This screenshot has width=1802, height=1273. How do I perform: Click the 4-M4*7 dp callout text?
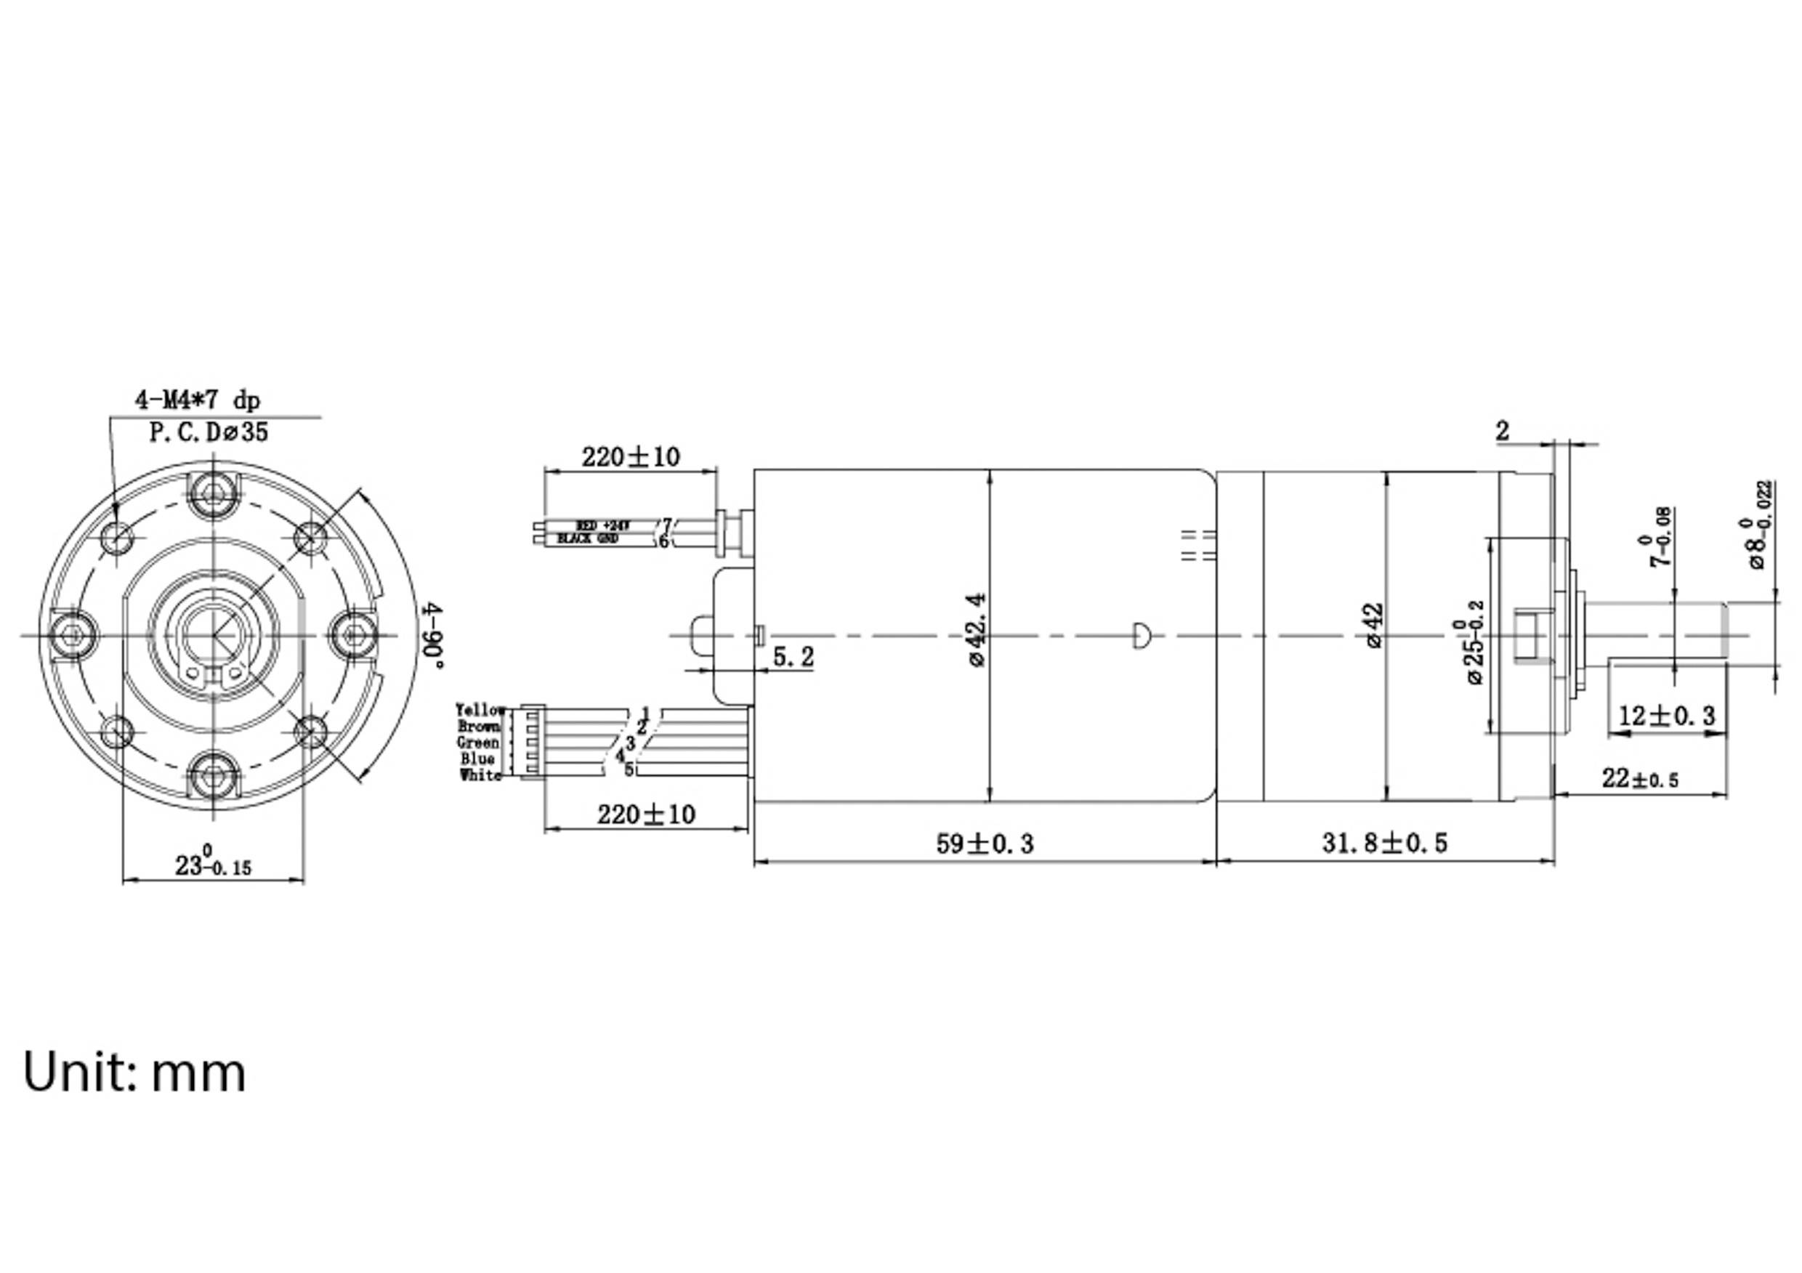pos(197,400)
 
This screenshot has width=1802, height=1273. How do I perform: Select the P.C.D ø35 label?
pos(209,432)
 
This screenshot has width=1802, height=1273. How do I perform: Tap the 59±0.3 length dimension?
pos(985,844)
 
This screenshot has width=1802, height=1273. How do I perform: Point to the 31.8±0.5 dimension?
pos(1384,843)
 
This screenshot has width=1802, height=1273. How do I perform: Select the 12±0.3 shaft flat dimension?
pos(1666,715)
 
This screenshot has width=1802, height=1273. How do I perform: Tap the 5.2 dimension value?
pos(793,657)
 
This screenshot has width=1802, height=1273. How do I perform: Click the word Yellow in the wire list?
pos(480,709)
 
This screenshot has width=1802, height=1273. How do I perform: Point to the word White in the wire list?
pos(480,775)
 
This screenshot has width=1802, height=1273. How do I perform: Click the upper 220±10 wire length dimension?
pos(630,457)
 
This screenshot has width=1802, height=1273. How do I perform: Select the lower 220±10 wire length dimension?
pos(646,815)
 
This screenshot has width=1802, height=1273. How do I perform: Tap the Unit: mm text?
pos(134,1072)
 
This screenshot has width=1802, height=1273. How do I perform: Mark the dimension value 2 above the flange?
pos(1502,431)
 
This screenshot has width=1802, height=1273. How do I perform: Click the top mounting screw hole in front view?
pos(214,493)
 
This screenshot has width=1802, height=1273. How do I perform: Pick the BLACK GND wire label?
pos(587,539)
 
